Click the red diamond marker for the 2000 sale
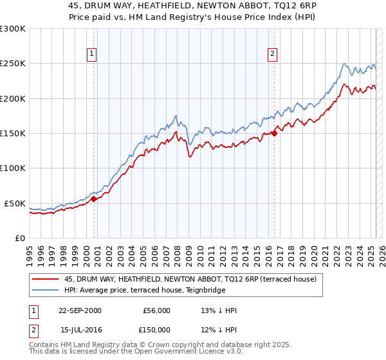[94, 199]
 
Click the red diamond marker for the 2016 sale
[274, 133]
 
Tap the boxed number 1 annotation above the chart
[93, 55]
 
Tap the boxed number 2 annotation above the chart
[273, 55]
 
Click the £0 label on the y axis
[19, 238]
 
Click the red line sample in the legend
[45, 280]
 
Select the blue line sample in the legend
[45, 291]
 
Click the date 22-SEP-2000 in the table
[80, 310]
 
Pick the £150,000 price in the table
[156, 330]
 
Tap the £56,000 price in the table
[156, 310]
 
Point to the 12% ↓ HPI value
[219, 330]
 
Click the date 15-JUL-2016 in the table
[80, 330]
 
